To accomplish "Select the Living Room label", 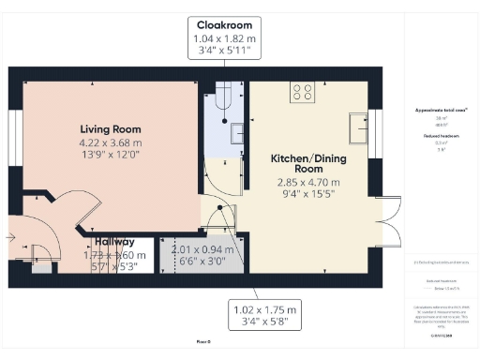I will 105,129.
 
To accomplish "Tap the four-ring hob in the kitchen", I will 302,92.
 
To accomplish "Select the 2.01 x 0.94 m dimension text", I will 201,249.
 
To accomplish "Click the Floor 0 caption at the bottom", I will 201,343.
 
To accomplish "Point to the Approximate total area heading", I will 440,111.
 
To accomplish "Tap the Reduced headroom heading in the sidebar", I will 440,136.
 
